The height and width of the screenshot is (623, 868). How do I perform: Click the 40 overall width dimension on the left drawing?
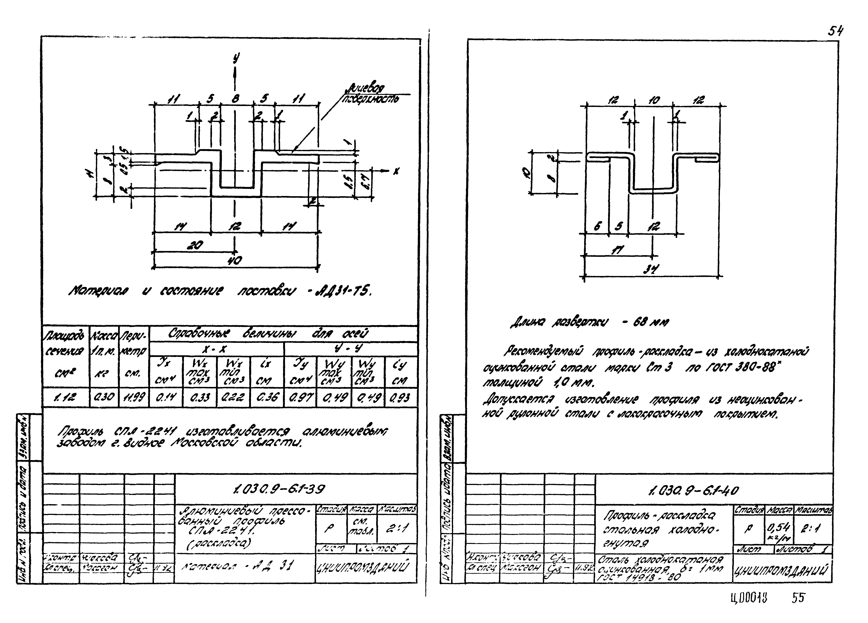[235, 261]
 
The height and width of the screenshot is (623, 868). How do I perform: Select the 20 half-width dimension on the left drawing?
[194, 245]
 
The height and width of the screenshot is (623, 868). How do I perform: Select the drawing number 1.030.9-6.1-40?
[694, 490]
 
